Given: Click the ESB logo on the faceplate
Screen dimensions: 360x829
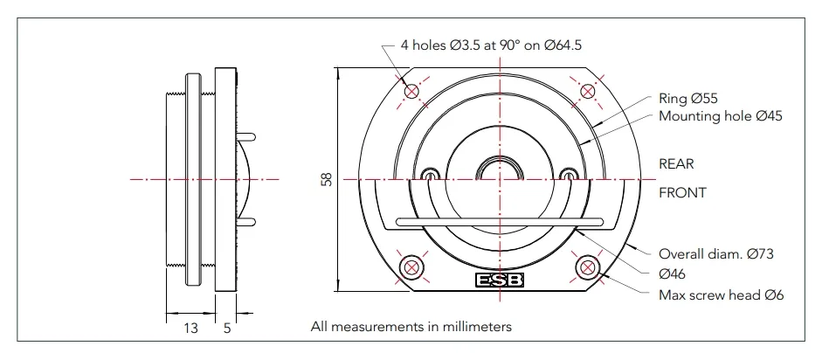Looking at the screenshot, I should point(500,281).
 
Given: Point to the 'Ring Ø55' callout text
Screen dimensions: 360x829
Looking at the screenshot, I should point(687,99).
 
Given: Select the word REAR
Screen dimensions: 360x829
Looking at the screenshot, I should point(677,163).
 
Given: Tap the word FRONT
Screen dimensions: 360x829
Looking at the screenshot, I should point(682,192).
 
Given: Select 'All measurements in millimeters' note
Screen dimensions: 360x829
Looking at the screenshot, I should point(411,327).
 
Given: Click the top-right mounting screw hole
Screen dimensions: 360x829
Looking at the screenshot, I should point(588,90).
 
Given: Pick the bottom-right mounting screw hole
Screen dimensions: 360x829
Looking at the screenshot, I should point(588,266).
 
